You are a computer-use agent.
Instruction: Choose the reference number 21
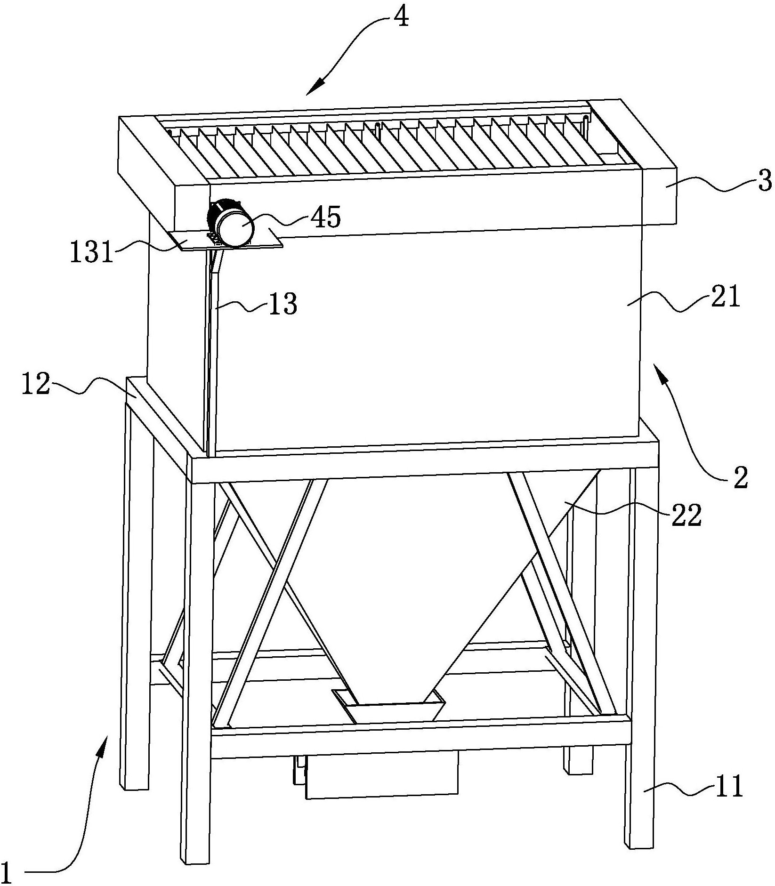click(x=726, y=297)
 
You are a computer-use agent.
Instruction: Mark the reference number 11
click(x=728, y=785)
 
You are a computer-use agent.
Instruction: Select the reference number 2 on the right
click(x=741, y=478)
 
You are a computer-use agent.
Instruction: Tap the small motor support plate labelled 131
click(x=188, y=242)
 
